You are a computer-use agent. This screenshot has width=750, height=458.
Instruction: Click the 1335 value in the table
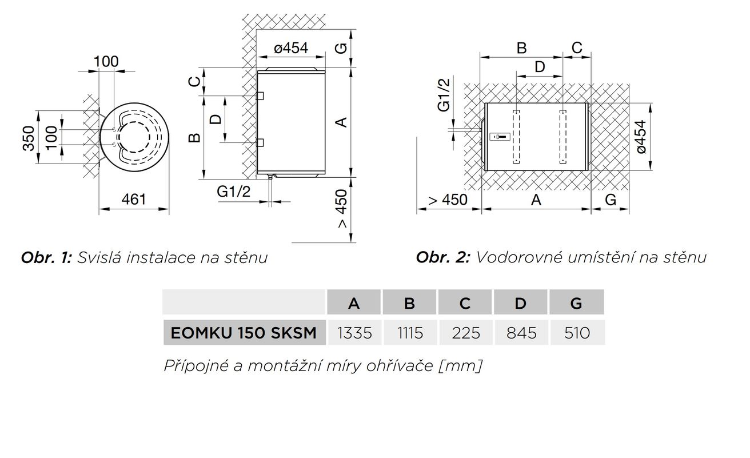[x=354, y=333]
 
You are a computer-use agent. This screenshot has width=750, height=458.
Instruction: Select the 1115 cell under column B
[x=410, y=333]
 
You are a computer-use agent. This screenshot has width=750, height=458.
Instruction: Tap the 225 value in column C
[x=466, y=333]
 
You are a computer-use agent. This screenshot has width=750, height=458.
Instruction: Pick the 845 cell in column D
[x=521, y=333]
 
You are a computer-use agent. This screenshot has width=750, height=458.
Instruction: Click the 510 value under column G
[x=577, y=333]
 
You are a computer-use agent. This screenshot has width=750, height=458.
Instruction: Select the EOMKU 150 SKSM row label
[x=244, y=333]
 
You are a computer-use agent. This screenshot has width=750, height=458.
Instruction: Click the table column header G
[x=576, y=303]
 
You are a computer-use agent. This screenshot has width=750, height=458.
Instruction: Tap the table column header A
[x=354, y=303]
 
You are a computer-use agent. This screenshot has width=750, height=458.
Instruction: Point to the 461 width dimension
[x=134, y=200]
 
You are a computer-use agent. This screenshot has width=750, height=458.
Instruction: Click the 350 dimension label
[x=29, y=138]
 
